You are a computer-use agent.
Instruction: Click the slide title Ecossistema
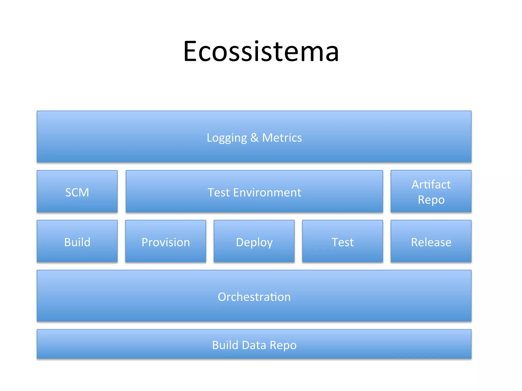tap(261, 52)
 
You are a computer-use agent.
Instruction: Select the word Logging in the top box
tap(227, 138)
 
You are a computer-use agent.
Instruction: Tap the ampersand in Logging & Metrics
tap(254, 138)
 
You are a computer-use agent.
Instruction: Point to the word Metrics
tap(282, 138)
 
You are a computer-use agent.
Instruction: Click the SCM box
tap(77, 191)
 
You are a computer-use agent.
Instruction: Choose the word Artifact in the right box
tap(431, 185)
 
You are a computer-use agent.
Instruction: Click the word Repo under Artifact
tap(431, 200)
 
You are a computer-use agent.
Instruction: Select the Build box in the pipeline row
tap(77, 241)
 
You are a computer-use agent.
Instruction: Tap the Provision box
tap(166, 241)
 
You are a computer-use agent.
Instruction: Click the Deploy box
tap(254, 241)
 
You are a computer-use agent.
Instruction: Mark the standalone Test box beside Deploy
tap(343, 241)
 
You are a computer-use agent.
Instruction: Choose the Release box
tap(431, 241)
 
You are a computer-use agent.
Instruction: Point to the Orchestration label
tap(254, 297)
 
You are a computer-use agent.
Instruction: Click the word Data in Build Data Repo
tap(254, 345)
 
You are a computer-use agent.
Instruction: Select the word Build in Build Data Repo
tap(225, 345)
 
